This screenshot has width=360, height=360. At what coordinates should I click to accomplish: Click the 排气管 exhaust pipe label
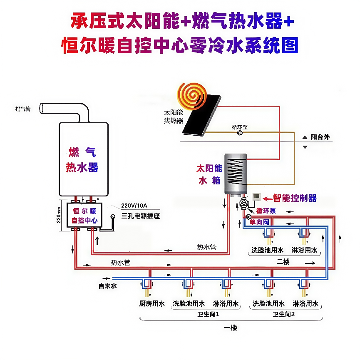pyautogui.click(x=23, y=109)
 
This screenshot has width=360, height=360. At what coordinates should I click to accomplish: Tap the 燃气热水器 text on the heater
pyautogui.click(x=82, y=160)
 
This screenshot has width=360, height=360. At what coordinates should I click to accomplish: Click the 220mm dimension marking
pyautogui.click(x=59, y=215)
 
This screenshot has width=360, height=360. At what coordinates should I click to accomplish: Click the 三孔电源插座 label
pyautogui.click(x=141, y=216)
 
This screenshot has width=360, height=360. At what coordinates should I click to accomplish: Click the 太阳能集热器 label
pyautogui.click(x=174, y=117)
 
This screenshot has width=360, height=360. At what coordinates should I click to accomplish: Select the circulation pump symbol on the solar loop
pyautogui.click(x=240, y=133)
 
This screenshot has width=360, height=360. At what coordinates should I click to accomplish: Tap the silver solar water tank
pyautogui.click(x=236, y=174)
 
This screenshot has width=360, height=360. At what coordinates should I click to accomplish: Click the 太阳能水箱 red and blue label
pyautogui.click(x=209, y=175)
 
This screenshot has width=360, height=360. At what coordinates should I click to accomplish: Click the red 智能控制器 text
pyautogui.click(x=295, y=198)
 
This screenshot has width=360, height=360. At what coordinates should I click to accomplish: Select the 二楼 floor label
pyautogui.click(x=283, y=262)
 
